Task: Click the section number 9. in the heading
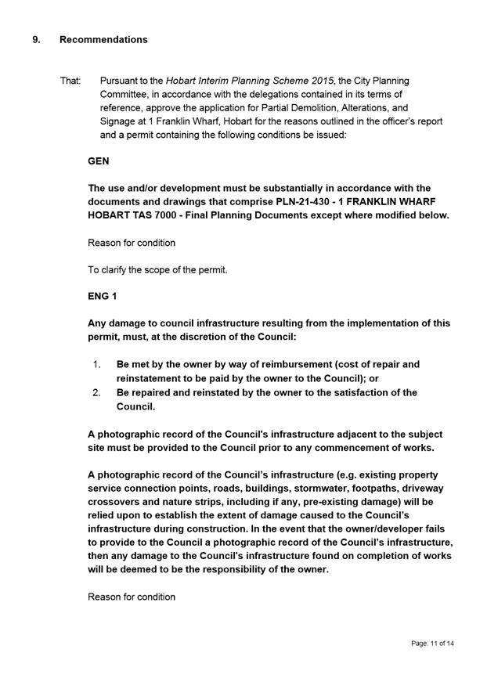tap(36, 39)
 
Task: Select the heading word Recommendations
tap(103, 39)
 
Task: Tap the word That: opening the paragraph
tap(70, 81)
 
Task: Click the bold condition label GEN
tap(98, 161)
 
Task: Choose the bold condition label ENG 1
tap(102, 297)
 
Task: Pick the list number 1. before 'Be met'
tap(97, 364)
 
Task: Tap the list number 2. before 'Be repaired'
tap(97, 392)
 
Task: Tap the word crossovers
tap(116, 501)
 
